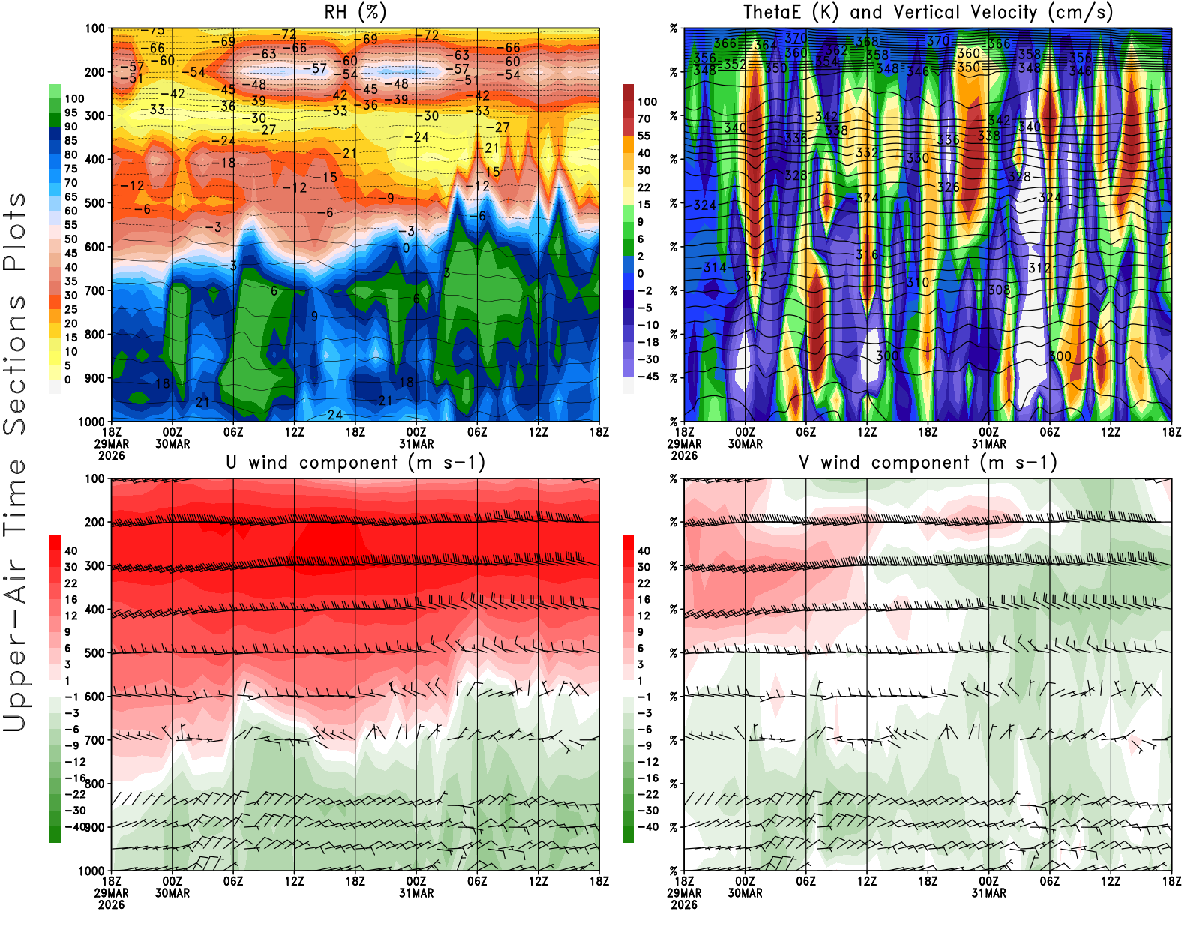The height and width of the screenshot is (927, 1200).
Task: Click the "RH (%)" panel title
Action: pyautogui.click(x=355, y=13)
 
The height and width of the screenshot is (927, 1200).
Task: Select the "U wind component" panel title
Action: pyautogui.click(x=355, y=463)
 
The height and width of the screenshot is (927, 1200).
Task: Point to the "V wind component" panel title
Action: pyautogui.click(x=928, y=463)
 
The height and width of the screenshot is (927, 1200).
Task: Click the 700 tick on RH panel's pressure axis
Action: pyautogui.click(x=95, y=290)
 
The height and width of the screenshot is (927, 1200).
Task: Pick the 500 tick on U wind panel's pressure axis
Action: pyautogui.click(x=95, y=653)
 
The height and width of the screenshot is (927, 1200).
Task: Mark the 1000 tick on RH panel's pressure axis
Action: pyautogui.click(x=92, y=421)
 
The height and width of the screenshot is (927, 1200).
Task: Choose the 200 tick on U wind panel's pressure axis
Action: pyautogui.click(x=95, y=522)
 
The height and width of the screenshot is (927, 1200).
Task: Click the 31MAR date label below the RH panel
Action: pyautogui.click(x=416, y=444)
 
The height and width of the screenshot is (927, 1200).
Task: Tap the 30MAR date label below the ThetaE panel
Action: pyautogui.click(x=745, y=444)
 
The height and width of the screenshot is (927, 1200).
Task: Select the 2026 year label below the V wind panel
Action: pyautogui.click(x=684, y=905)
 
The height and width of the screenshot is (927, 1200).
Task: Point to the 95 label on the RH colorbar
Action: pyautogui.click(x=70, y=112)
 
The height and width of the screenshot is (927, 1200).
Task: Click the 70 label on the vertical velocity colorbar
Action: pyautogui.click(x=643, y=118)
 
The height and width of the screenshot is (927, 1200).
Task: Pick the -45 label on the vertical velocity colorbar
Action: pyautogui.click(x=646, y=376)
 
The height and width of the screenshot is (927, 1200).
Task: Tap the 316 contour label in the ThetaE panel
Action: pyautogui.click(x=867, y=255)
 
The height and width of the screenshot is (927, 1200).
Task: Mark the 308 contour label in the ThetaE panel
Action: pyautogui.click(x=999, y=289)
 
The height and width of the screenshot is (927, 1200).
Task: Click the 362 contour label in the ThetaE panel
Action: pyautogui.click(x=836, y=51)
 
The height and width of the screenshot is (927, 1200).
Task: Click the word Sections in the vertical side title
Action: pyautogui.click(x=15, y=364)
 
